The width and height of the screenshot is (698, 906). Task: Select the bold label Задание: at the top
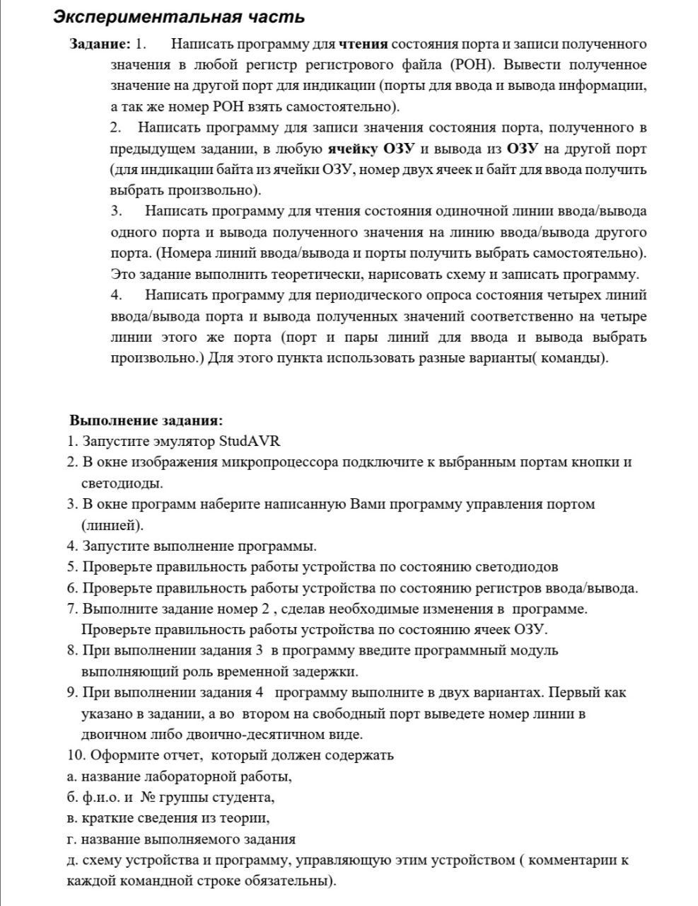point(100,45)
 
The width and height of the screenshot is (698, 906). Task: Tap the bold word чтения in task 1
point(363,45)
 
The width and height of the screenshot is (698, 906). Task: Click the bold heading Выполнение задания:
point(146,420)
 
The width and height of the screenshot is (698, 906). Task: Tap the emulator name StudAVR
point(250,442)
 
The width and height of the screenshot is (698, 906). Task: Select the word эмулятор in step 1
point(180,442)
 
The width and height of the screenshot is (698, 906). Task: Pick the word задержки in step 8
point(325,671)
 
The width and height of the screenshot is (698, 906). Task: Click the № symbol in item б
point(148,798)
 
